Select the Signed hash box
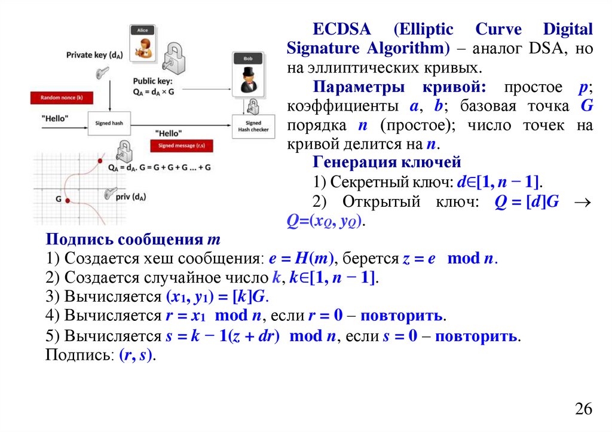[109, 123]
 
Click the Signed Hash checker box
[253, 126]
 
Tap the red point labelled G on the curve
[68, 200]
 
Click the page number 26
[583, 409]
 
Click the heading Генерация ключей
[387, 163]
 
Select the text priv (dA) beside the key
[132, 197]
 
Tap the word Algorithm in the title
[402, 48]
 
